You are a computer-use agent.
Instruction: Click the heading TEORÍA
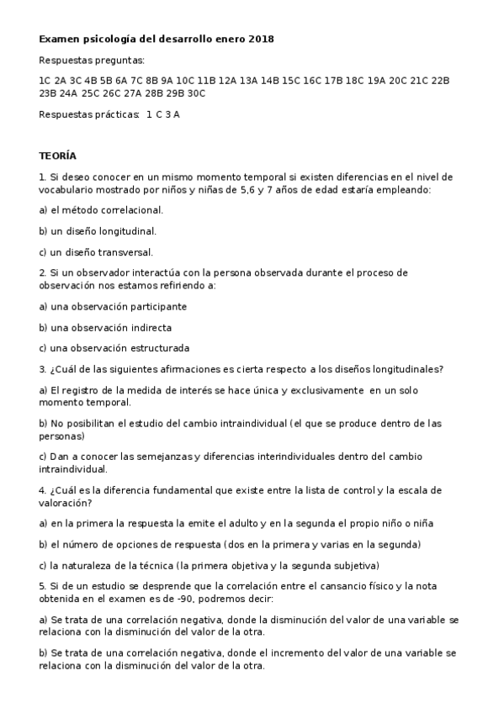coord(57,156)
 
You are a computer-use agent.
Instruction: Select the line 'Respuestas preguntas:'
coord(92,61)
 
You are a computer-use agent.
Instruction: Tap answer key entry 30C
coord(196,93)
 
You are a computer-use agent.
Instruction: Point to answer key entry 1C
coord(45,81)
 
